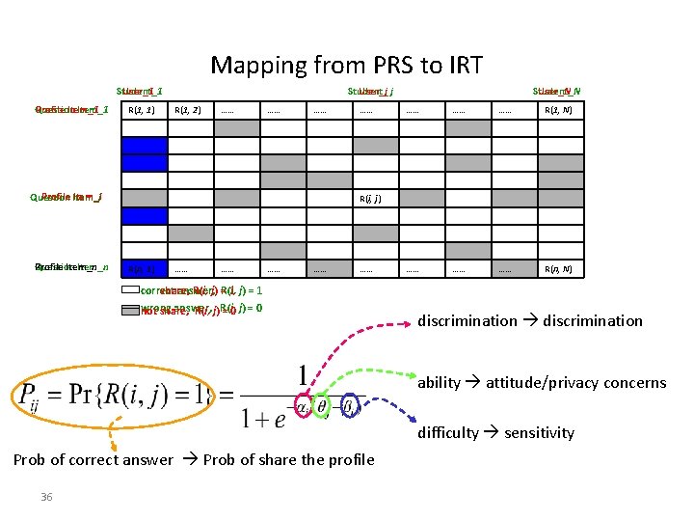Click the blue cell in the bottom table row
coord(144,268)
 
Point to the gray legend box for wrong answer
coord(130,310)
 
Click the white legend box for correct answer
coord(130,289)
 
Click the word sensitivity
coord(538,433)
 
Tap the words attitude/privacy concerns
coord(575,383)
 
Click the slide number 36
coord(46,497)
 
